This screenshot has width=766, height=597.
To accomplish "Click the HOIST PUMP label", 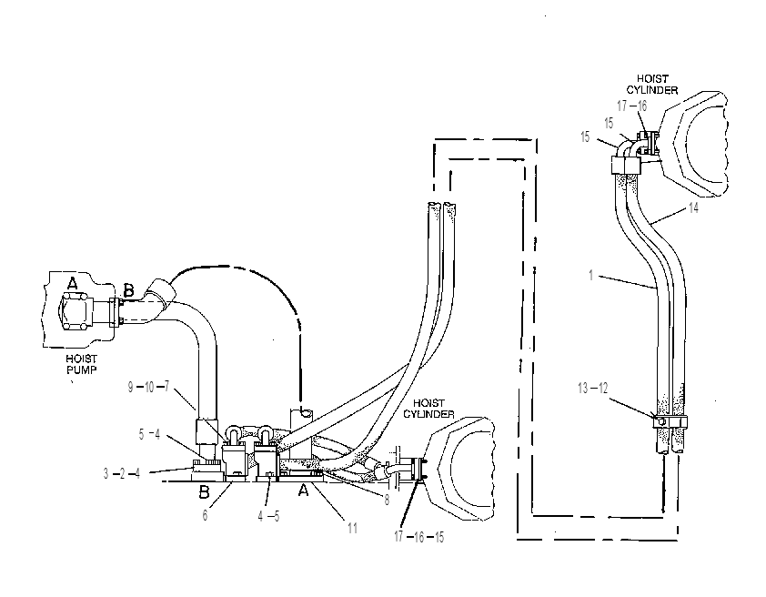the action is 81,364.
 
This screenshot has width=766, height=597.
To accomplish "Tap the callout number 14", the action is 693,207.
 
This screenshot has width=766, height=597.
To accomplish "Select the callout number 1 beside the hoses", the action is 590,276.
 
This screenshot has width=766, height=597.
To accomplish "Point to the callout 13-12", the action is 592,389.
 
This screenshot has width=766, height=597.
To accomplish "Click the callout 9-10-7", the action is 148,387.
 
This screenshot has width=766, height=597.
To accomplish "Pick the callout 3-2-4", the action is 122,473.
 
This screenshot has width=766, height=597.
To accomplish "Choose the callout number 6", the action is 206,515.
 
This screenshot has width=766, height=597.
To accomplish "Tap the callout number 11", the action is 352,528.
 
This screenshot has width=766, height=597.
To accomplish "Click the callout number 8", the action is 387,500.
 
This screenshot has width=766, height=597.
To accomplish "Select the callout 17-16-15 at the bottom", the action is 419,537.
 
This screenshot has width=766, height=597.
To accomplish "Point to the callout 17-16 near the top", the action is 631,106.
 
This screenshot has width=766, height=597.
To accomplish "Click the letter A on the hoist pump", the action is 72,283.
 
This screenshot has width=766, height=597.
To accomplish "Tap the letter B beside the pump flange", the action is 128,291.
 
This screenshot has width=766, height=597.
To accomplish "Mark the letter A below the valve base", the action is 303,490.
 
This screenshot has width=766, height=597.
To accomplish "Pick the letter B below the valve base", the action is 204,491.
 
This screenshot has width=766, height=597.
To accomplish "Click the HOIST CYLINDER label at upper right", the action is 652,84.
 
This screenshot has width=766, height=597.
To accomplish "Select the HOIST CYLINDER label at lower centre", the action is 428,409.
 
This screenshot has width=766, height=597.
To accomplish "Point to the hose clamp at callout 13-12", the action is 670,421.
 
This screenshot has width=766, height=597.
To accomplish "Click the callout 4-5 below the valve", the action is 268,516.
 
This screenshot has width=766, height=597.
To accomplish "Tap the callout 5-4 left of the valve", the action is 149,434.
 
